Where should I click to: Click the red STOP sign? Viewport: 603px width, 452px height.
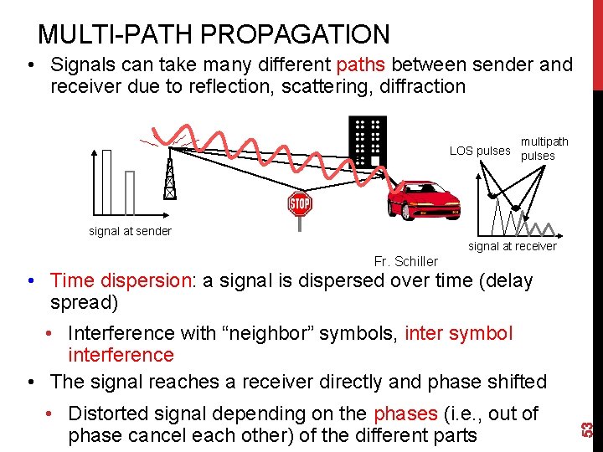pos(299,203)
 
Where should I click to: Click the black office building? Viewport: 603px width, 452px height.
pos(367,141)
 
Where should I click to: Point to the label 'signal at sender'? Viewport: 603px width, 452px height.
pos(130,231)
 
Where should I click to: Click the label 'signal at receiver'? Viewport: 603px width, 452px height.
pos(512,246)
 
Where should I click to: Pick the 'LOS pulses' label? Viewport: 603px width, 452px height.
pos(479,151)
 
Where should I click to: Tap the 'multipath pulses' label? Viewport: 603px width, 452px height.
pos(544,149)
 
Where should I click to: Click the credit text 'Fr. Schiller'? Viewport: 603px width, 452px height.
pos(405,261)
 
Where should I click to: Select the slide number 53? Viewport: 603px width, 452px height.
pos(588,428)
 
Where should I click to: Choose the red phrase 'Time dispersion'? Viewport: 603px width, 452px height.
pos(121,280)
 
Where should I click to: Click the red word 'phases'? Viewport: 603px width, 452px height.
pos(405,413)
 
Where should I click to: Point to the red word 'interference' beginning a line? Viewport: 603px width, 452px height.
pos(121,355)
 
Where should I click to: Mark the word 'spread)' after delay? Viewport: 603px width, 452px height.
pos(84,301)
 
